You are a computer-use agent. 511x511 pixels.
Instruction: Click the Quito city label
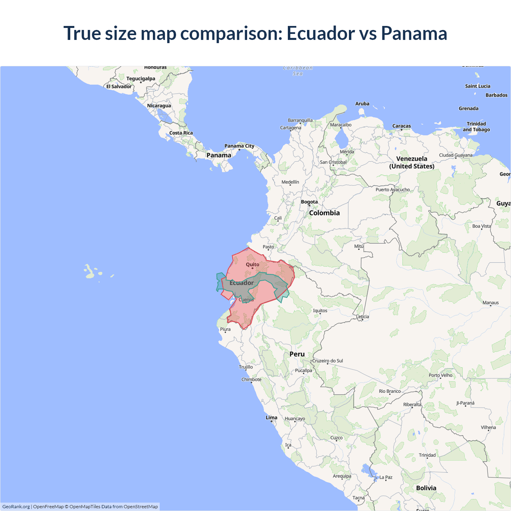tap(252, 264)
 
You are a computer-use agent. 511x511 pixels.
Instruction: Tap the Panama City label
tap(239, 146)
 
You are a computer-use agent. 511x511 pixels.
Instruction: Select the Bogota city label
tap(309, 202)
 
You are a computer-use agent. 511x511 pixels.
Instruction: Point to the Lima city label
tap(271, 418)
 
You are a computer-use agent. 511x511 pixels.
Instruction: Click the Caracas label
tap(402, 126)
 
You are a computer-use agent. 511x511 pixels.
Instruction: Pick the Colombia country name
tap(324, 213)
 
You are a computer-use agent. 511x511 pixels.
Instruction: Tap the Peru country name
tap(297, 354)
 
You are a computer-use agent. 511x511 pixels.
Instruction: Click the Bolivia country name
tap(426, 488)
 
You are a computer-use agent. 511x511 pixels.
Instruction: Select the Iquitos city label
tap(320, 311)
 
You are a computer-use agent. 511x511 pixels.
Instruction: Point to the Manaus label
tap(491, 303)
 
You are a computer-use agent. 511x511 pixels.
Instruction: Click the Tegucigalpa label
tap(141, 79)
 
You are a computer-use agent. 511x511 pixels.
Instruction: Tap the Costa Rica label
tap(181, 133)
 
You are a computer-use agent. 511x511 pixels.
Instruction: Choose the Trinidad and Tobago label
tap(476, 127)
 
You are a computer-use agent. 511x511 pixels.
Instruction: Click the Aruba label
tap(362, 104)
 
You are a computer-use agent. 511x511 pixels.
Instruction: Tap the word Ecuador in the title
tap(321, 33)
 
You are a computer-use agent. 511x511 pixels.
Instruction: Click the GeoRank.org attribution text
tap(16, 507)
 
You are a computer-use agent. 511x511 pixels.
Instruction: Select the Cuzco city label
tap(336, 438)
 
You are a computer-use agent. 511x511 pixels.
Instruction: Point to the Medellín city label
tap(290, 182)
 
